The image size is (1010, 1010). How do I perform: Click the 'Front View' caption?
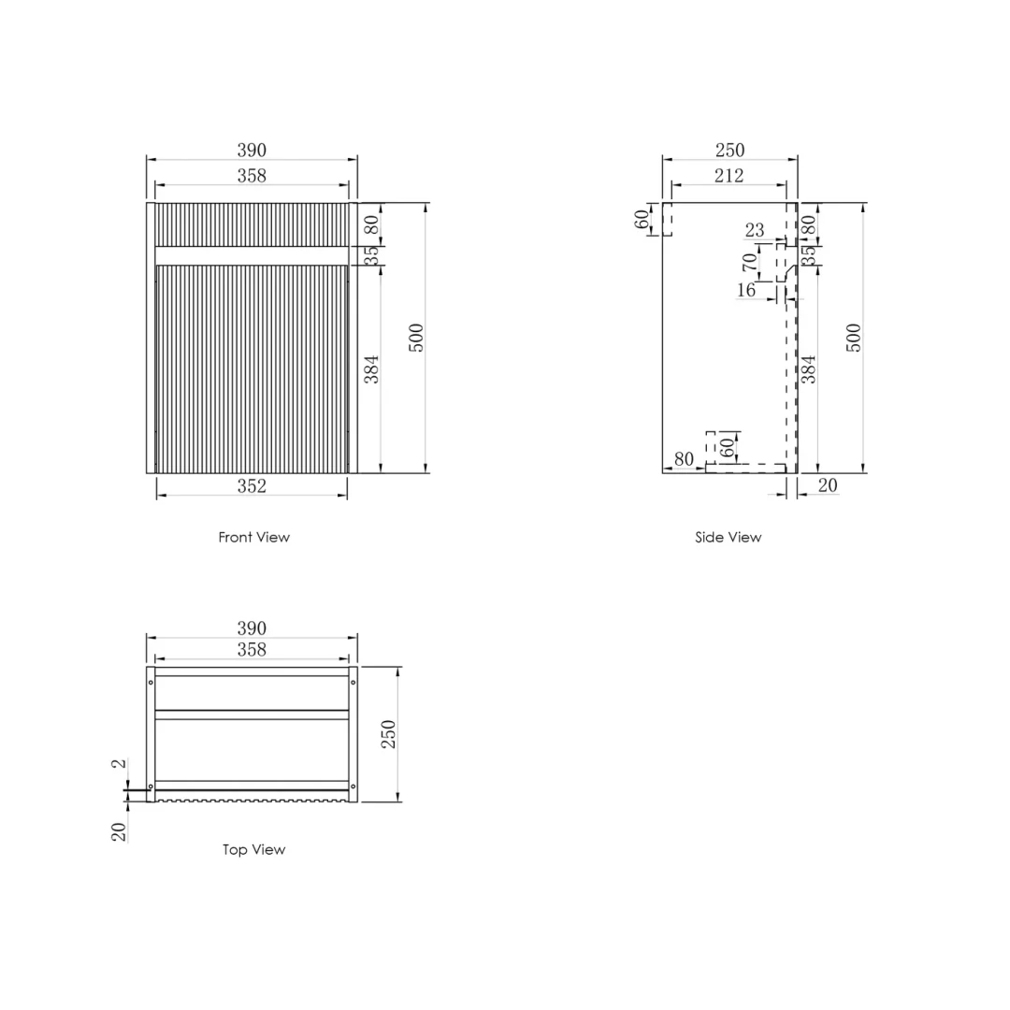pyautogui.click(x=253, y=537)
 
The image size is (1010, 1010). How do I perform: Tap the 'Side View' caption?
pyautogui.click(x=728, y=537)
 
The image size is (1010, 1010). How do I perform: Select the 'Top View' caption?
pyautogui.click(x=253, y=849)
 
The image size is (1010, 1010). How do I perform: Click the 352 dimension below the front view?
pyautogui.click(x=252, y=485)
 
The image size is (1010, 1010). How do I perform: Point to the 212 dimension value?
pyautogui.click(x=729, y=175)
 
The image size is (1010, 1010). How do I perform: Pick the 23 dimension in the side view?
pyautogui.click(x=755, y=229)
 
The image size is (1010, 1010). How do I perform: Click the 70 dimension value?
pyautogui.click(x=749, y=262)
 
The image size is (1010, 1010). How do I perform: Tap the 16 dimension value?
pyautogui.click(x=746, y=290)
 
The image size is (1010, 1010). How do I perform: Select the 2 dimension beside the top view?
pyautogui.click(x=119, y=763)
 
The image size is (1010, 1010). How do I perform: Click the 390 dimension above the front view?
pyautogui.click(x=252, y=150)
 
